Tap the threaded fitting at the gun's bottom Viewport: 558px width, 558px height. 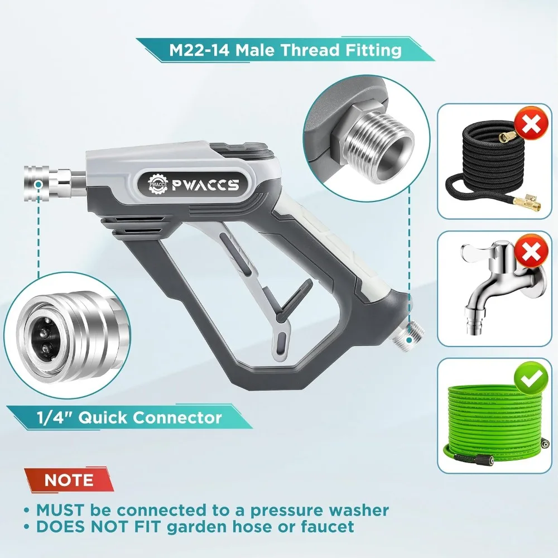click(412, 335)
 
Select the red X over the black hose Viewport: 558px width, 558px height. click(531, 126)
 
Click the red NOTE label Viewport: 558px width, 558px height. click(69, 480)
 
